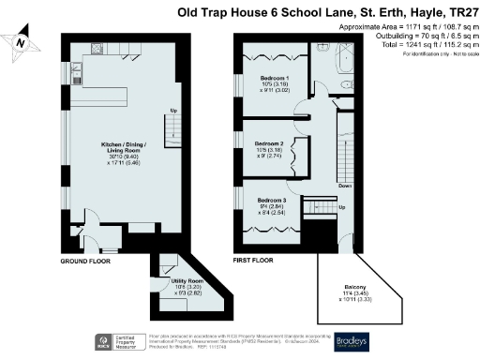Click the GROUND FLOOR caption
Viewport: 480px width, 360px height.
pos(84,262)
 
